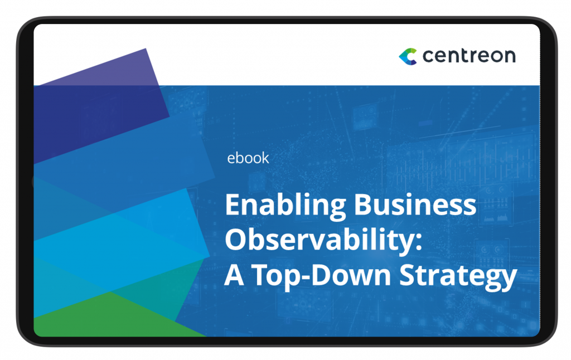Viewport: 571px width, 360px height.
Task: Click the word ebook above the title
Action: pos(248,158)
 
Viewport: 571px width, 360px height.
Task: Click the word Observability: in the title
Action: pos(324,241)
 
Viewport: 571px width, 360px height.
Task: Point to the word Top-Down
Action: pos(321,275)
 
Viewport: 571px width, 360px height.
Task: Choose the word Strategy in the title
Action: pos(458,276)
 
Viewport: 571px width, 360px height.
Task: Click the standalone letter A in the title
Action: pos(234,275)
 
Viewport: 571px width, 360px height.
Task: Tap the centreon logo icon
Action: pos(408,56)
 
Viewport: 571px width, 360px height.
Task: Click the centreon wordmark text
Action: pos(469,56)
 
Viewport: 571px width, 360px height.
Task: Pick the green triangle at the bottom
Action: pos(113,315)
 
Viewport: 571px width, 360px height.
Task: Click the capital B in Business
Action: pos(363,204)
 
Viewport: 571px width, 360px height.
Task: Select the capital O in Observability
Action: pos(236,240)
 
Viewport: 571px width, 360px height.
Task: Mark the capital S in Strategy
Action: pos(408,275)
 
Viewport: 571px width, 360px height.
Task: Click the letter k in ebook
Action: pos(265,158)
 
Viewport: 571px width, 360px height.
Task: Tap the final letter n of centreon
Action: pos(510,57)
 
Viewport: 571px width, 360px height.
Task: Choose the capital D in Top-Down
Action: pos(322,275)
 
